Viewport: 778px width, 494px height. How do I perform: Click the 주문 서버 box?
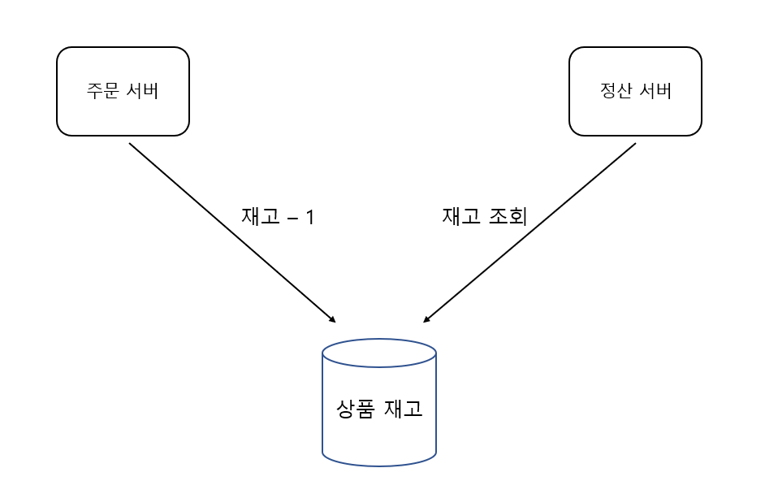[x=123, y=91]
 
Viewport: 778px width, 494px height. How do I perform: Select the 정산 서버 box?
[x=635, y=91]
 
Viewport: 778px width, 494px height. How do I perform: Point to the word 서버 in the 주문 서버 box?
[x=143, y=90]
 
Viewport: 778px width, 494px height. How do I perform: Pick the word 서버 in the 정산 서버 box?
[x=655, y=90]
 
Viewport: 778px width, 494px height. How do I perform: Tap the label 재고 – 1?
[x=277, y=217]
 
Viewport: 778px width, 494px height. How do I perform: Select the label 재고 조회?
[x=485, y=216]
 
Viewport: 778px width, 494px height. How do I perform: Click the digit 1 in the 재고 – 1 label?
[x=309, y=218]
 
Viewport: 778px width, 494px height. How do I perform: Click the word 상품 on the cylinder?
[x=354, y=408]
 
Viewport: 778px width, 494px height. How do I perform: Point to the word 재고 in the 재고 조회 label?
[x=461, y=216]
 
